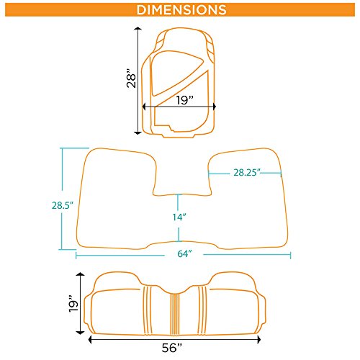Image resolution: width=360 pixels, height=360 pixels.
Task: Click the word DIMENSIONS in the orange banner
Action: click(x=181, y=10)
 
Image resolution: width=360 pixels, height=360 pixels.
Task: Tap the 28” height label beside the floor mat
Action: click(x=131, y=78)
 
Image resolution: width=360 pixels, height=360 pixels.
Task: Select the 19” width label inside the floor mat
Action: click(x=185, y=100)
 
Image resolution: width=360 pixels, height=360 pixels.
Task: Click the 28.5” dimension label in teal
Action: click(x=63, y=205)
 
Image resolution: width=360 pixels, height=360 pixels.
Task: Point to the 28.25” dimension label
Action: click(x=247, y=172)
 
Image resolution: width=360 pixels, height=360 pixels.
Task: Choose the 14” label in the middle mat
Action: click(x=179, y=217)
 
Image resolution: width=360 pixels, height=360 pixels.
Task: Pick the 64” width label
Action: click(x=184, y=253)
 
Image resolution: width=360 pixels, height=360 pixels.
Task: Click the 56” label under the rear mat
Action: click(x=172, y=348)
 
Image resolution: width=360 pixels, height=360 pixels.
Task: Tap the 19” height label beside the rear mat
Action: click(x=73, y=303)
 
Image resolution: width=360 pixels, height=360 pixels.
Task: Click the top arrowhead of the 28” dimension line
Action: click(x=138, y=29)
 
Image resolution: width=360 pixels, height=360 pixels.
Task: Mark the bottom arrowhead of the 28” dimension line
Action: click(x=138, y=132)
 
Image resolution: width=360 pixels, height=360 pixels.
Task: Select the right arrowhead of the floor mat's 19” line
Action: click(x=215, y=107)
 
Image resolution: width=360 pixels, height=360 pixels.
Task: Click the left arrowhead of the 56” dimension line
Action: click(x=90, y=340)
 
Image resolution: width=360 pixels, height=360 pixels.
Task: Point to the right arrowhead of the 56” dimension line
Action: click(x=258, y=340)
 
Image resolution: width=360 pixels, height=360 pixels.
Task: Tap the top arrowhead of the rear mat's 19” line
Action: click(x=80, y=274)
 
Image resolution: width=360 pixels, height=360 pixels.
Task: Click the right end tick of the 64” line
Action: click(x=290, y=255)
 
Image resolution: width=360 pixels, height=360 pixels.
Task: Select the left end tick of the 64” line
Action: click(x=76, y=255)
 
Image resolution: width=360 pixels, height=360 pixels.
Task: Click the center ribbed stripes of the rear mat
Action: click(x=175, y=314)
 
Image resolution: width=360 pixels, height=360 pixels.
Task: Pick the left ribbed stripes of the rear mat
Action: click(x=148, y=310)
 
